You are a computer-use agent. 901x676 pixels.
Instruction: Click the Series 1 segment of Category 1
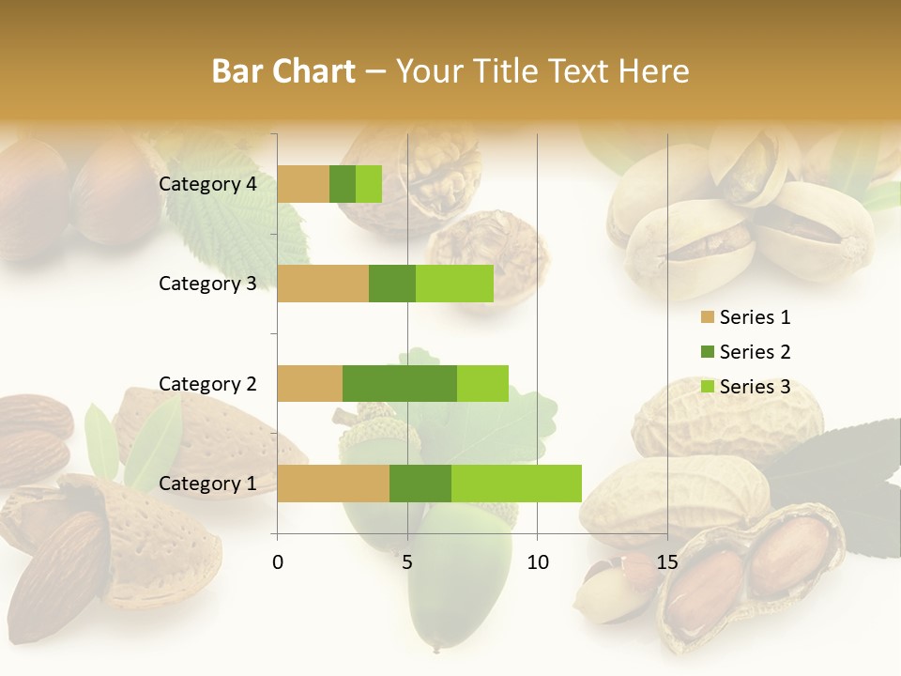(333, 483)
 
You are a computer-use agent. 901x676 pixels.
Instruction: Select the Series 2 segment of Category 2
(399, 383)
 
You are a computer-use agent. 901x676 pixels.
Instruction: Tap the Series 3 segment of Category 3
(454, 284)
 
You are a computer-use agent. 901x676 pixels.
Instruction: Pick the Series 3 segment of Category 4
(369, 184)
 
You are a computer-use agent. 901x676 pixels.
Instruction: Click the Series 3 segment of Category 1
(516, 483)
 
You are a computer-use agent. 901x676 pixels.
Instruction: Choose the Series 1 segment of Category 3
(323, 284)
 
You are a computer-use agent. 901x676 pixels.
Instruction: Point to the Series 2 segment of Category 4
(343, 184)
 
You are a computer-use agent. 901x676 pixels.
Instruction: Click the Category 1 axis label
(207, 484)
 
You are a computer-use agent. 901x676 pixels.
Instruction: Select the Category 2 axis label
(207, 383)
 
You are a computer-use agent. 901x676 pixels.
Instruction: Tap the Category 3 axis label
(207, 284)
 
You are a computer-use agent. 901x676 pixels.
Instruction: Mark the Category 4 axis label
(207, 184)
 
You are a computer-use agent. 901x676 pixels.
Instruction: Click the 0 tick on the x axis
(278, 562)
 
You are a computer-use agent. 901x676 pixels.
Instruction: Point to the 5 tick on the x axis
(407, 562)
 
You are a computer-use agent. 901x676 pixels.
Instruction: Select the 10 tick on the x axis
(537, 562)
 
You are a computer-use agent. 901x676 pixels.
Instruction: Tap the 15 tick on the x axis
(666, 562)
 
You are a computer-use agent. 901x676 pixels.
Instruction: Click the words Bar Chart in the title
(283, 71)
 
